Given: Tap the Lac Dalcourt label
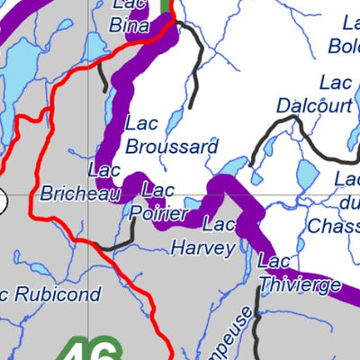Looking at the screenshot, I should [x=312, y=94].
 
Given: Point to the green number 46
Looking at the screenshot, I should [x=94, y=348].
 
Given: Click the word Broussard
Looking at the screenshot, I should [x=171, y=144].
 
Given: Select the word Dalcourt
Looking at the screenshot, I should [x=312, y=104].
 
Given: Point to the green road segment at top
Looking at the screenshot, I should [x=165, y=5].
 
